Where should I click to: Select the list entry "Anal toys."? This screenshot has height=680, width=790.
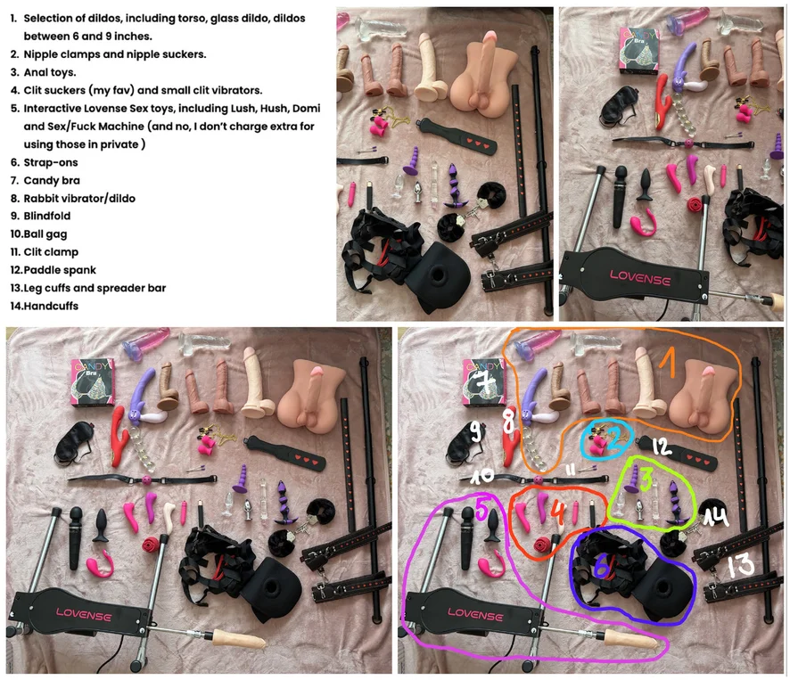tap(50, 72)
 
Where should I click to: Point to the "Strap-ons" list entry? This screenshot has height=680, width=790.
tap(51, 163)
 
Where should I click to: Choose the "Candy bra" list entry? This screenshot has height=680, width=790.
tap(52, 180)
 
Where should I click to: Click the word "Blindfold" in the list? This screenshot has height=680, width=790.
tap(47, 216)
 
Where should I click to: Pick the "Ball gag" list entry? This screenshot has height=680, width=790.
tap(45, 234)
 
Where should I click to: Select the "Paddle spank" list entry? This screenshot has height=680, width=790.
tap(60, 270)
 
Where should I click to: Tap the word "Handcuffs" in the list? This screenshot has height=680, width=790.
tap(51, 307)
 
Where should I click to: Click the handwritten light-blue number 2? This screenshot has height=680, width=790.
tap(614, 439)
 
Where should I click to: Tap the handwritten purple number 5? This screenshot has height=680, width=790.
tap(481, 510)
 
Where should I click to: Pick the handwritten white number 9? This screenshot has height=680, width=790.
tap(475, 431)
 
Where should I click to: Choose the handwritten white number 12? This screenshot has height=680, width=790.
tap(661, 447)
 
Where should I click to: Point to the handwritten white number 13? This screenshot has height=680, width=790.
tap(741, 565)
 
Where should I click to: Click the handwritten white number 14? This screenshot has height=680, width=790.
tap(716, 517)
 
